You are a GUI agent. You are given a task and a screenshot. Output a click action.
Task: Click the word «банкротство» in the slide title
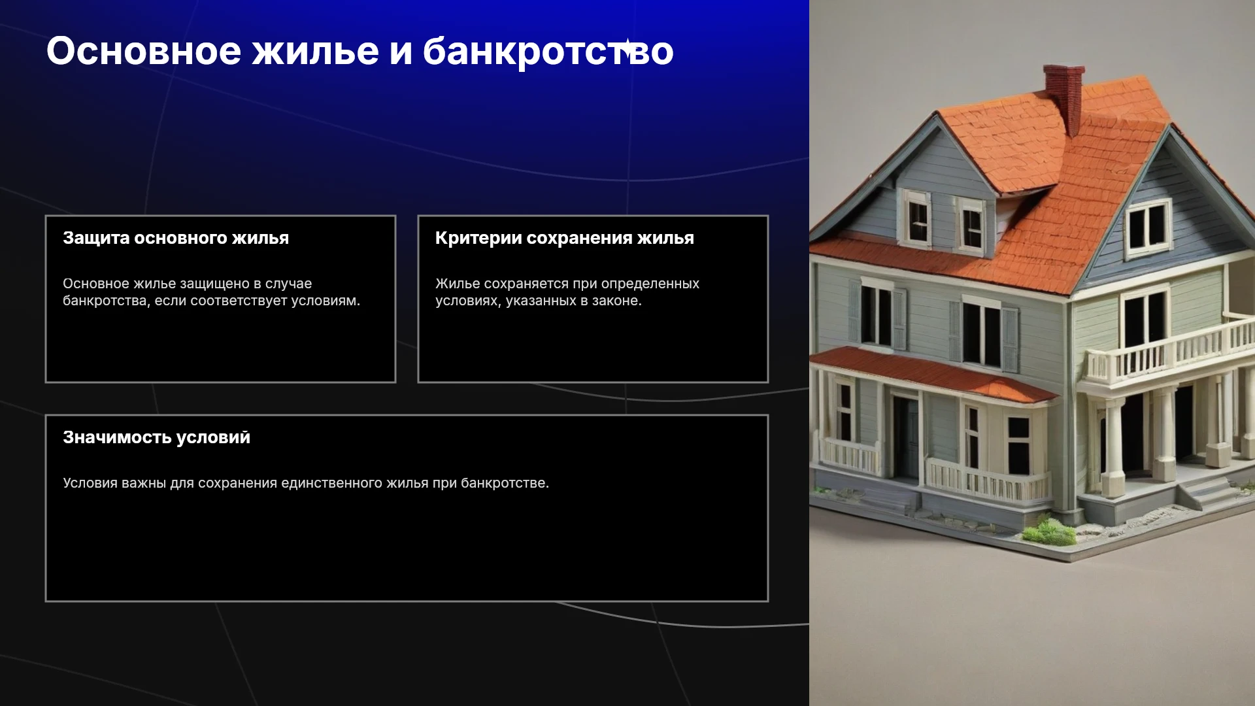548,52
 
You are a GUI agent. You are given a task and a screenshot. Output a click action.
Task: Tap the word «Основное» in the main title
144,51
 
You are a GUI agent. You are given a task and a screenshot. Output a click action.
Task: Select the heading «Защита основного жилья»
176,238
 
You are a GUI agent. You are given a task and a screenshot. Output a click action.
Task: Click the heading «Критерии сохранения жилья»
565,238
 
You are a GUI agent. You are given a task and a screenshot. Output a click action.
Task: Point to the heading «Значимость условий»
156,437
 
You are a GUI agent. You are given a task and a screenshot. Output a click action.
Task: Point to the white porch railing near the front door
986,480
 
